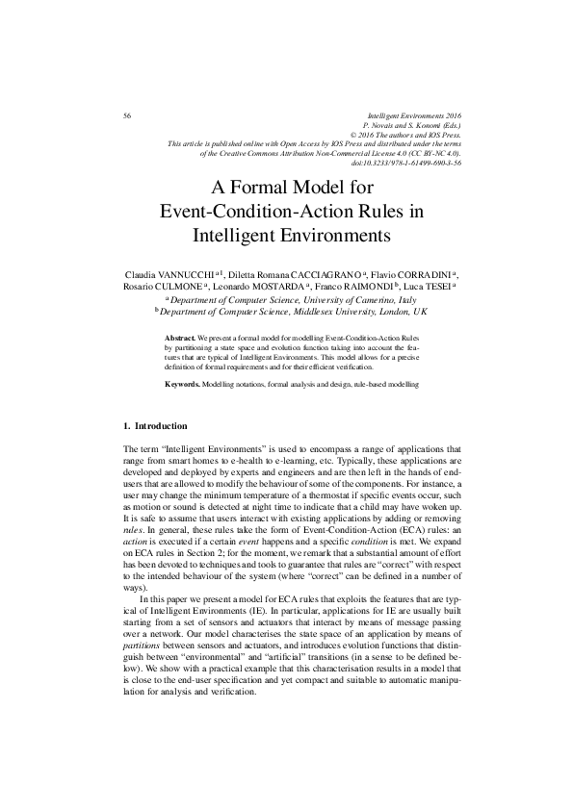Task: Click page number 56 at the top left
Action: click(127, 115)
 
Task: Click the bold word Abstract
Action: click(180, 340)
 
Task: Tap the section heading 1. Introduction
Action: click(156, 425)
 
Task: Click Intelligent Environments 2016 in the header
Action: click(416, 115)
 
